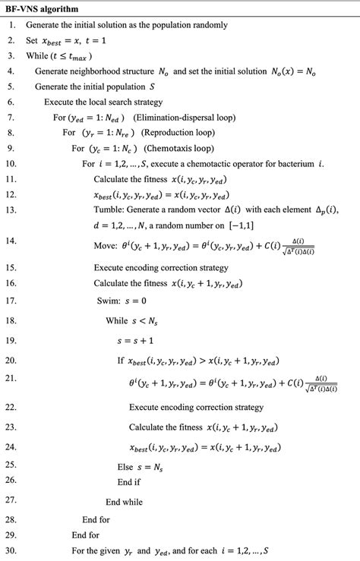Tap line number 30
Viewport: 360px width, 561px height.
(x=11, y=550)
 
